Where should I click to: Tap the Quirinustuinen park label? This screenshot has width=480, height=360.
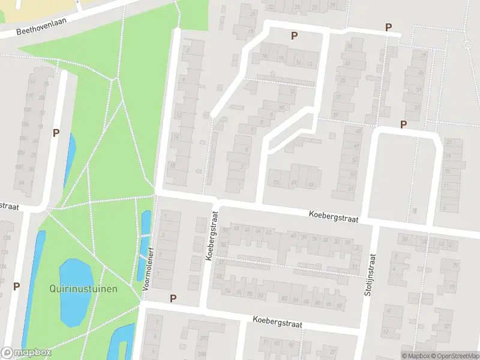[x=83, y=289]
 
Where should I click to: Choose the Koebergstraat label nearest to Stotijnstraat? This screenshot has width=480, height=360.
[x=334, y=216]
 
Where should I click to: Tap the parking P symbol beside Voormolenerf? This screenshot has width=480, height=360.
[x=173, y=298]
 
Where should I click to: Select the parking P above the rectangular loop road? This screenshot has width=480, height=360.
[x=404, y=124]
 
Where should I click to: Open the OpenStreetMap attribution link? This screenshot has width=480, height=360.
[x=455, y=356]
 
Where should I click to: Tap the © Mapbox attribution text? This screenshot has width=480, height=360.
[x=416, y=356]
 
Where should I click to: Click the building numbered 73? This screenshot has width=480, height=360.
[x=276, y=182]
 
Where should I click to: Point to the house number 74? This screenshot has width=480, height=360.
[x=227, y=292]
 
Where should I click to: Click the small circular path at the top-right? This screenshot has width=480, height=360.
[x=468, y=45]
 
